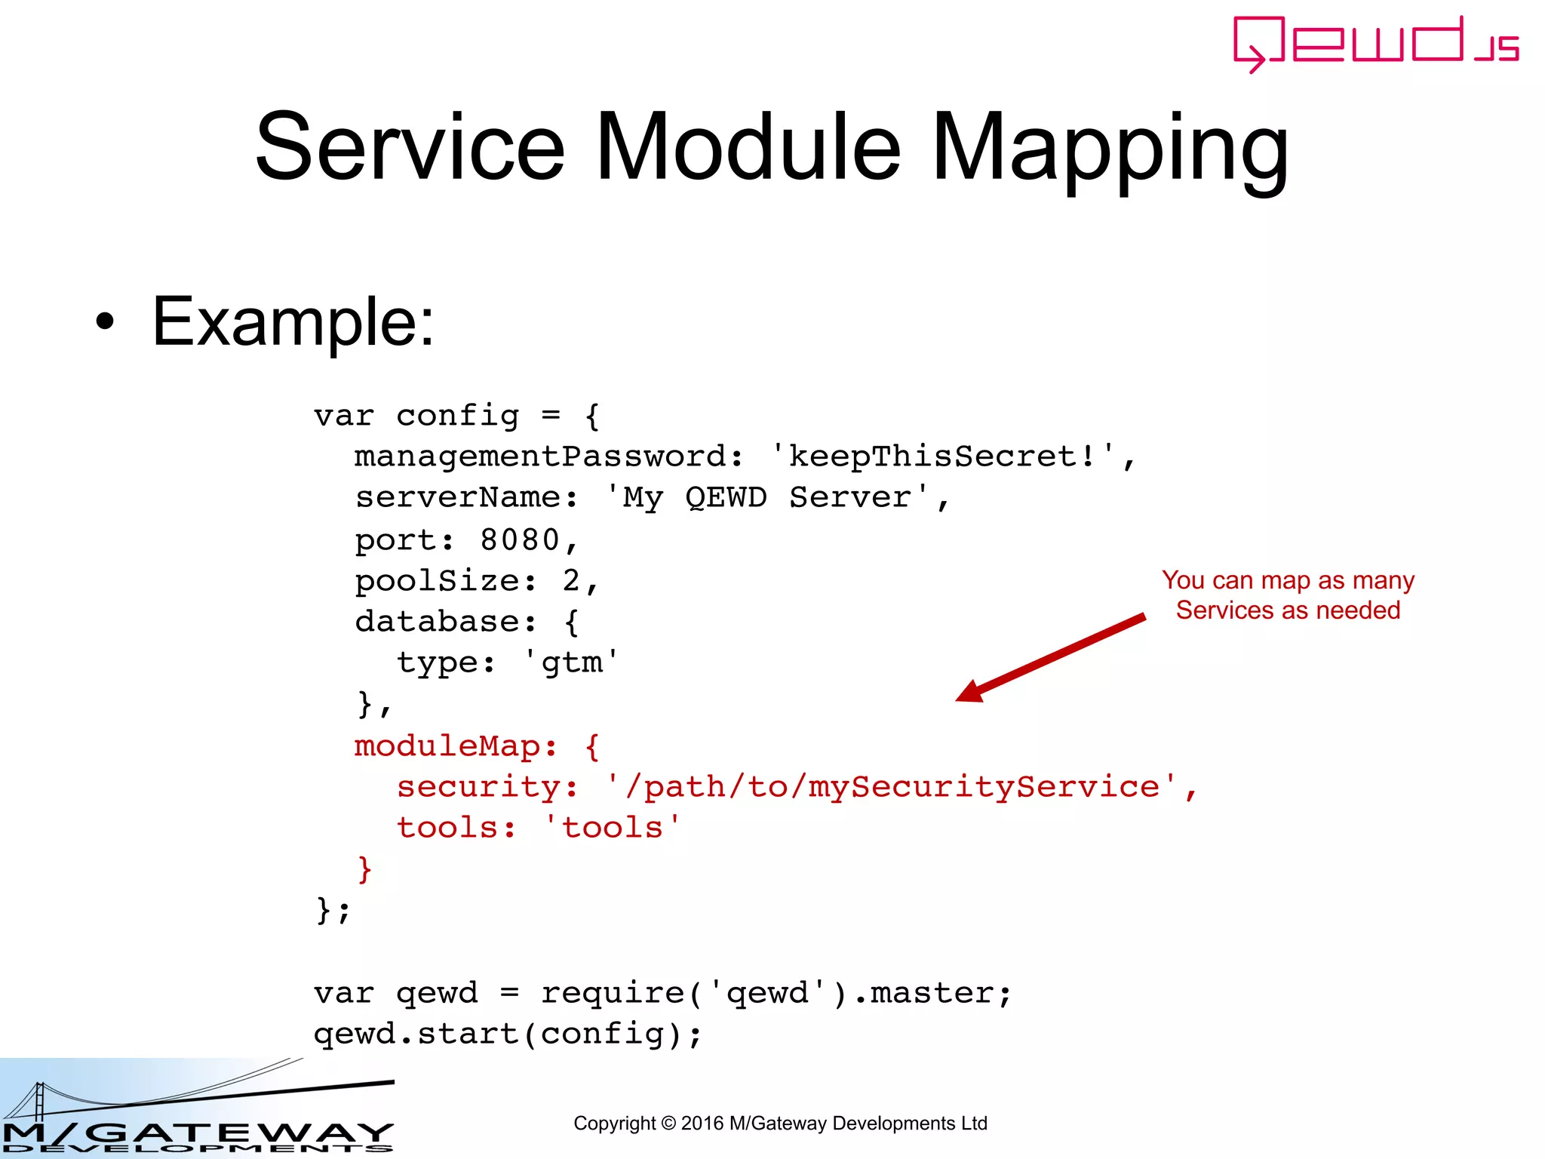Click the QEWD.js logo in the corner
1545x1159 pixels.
click(1375, 44)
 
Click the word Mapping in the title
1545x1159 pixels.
click(1110, 149)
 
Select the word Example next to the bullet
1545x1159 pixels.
click(292, 322)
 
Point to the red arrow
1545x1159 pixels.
click(1050, 658)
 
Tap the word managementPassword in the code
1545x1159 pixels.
click(540, 457)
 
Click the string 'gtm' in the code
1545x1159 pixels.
click(572, 663)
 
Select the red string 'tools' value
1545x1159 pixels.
click(612, 828)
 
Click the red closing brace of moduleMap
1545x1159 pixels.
click(364, 869)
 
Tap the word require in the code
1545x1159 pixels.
click(612, 993)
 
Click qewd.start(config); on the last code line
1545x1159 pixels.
click(508, 1034)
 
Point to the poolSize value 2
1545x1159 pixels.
click(571, 581)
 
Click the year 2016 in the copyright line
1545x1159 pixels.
click(702, 1124)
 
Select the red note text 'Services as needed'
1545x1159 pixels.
click(1288, 610)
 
